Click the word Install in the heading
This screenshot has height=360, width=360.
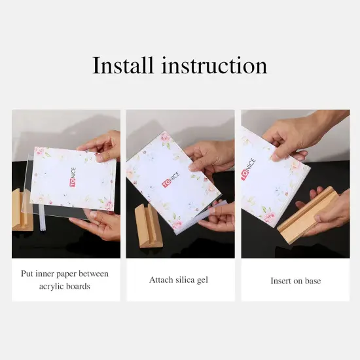pos(124,66)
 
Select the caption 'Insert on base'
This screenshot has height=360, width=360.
pos(295,281)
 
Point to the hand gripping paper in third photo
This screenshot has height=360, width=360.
pos(295,134)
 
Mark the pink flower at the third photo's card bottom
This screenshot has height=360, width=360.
pos(269,215)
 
